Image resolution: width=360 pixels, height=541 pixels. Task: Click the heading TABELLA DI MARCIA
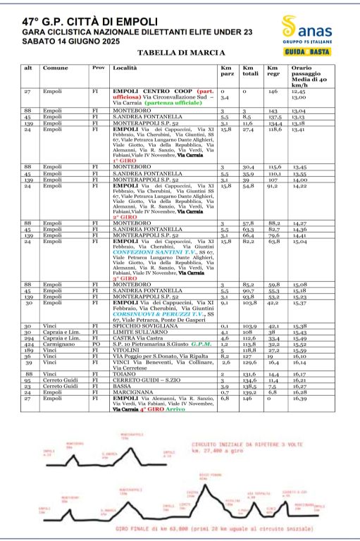coord(181,53)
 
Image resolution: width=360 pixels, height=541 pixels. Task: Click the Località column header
coord(124,68)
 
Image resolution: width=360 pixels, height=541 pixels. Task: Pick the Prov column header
coord(99,68)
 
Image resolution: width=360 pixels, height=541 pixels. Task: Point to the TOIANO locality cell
coord(123,374)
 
